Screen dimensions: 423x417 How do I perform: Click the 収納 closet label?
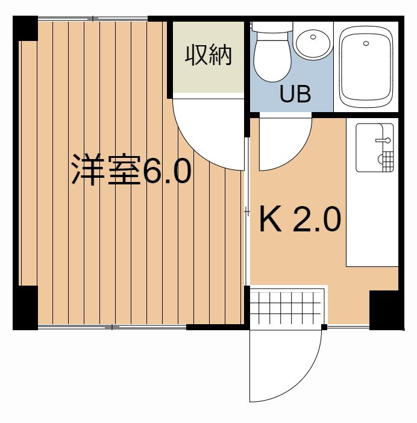click(208, 56)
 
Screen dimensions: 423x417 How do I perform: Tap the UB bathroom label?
click(295, 94)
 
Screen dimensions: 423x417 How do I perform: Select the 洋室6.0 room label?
click(131, 171)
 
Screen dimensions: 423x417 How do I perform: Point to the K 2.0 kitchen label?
click(299, 221)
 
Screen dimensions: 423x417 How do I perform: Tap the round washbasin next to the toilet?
click(313, 42)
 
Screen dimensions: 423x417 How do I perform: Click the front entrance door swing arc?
click(283, 368)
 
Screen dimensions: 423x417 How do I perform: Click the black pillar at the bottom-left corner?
click(25, 307)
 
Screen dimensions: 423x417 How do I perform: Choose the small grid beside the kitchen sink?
click(385, 161)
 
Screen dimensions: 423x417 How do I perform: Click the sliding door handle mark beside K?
click(246, 211)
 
